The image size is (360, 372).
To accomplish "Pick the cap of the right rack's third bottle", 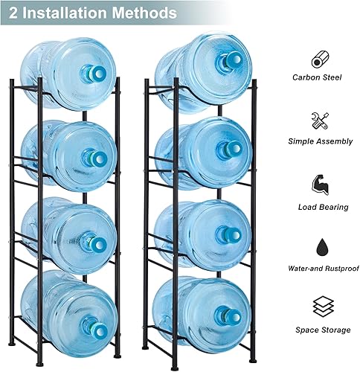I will [x=224, y=234].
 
